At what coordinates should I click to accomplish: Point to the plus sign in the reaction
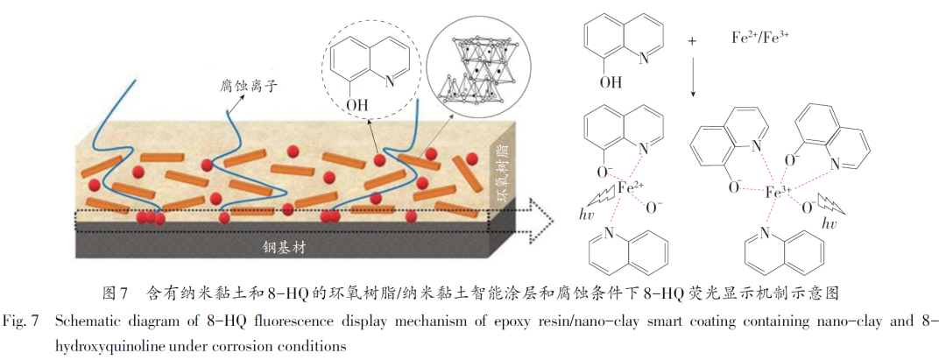click(692, 41)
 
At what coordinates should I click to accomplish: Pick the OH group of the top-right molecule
click(611, 83)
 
